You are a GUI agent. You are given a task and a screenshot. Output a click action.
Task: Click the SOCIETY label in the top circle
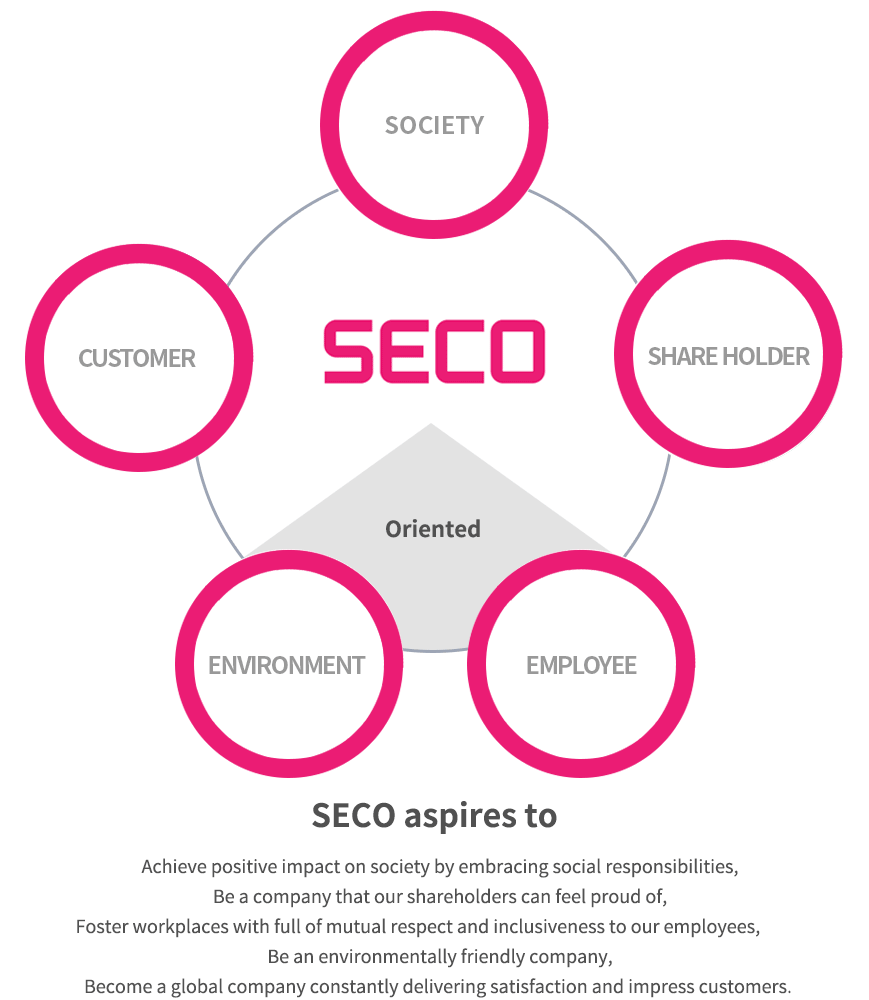click(434, 126)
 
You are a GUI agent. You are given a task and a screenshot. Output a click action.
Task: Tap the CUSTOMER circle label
click(137, 358)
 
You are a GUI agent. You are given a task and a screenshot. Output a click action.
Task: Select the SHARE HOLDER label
click(729, 357)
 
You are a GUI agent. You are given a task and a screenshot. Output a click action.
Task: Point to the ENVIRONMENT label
click(286, 665)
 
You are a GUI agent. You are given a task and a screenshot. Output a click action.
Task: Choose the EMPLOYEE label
click(581, 665)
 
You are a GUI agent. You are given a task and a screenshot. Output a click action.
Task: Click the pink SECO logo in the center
click(434, 351)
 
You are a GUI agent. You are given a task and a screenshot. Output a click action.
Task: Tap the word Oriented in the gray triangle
click(433, 529)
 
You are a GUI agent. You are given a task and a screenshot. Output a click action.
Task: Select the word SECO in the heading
click(353, 816)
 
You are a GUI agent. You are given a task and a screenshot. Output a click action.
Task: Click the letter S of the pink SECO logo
click(348, 351)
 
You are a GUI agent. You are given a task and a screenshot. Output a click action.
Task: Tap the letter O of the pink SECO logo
click(518, 351)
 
